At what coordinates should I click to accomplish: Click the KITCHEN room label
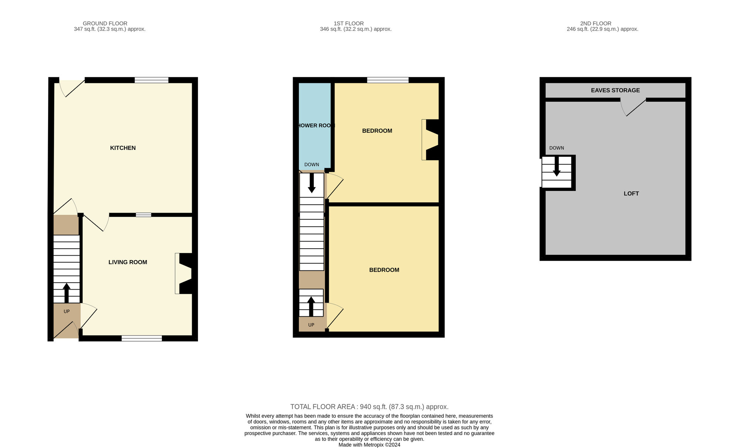[x=123, y=148]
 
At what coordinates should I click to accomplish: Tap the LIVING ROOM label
[x=127, y=262]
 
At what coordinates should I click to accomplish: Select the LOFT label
[x=631, y=193]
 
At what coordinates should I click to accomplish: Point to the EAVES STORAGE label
[x=615, y=90]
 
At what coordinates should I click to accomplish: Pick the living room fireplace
[x=184, y=273]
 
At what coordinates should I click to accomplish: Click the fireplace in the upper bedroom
[x=431, y=139]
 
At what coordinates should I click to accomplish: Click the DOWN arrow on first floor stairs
[x=311, y=183]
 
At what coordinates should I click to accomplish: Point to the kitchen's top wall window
[x=151, y=80]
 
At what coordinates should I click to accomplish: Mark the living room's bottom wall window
[x=142, y=338]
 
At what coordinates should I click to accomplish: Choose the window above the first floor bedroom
[x=388, y=80]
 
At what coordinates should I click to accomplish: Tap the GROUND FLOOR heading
[x=105, y=23]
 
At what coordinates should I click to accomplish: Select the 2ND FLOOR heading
[x=596, y=23]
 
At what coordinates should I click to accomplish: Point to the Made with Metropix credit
[x=369, y=445]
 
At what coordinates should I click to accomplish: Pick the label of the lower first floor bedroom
[x=384, y=270]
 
